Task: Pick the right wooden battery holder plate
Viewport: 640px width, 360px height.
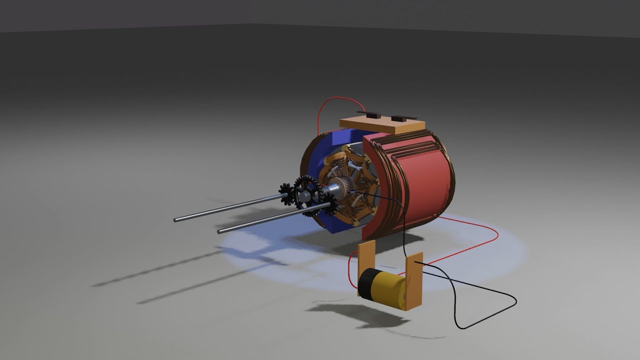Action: coord(414,282)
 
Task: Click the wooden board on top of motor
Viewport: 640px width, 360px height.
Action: coord(382,124)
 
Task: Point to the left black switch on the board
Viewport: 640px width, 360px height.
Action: coord(367,114)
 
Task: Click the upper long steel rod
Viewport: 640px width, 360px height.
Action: coord(225,209)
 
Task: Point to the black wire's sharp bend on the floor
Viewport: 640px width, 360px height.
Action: coord(514,300)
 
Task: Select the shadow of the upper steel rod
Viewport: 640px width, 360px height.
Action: coord(150,270)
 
